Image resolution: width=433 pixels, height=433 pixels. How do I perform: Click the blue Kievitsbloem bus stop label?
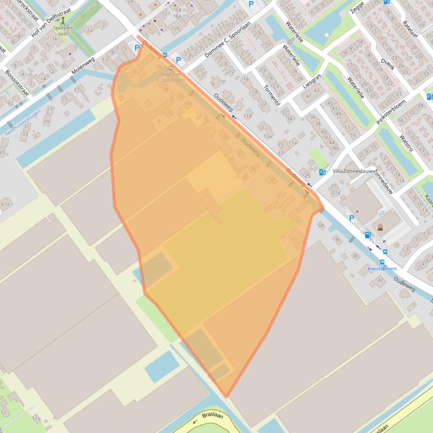(383, 269)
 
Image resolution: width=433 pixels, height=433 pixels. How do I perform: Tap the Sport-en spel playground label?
(63, 30)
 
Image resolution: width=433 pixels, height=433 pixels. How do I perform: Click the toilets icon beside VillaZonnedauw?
(322, 172)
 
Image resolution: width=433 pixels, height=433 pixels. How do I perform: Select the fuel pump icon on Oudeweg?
(367, 234)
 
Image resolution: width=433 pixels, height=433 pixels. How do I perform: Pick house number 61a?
(6, 204)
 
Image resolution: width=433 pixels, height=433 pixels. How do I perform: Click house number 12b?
(176, 28)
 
